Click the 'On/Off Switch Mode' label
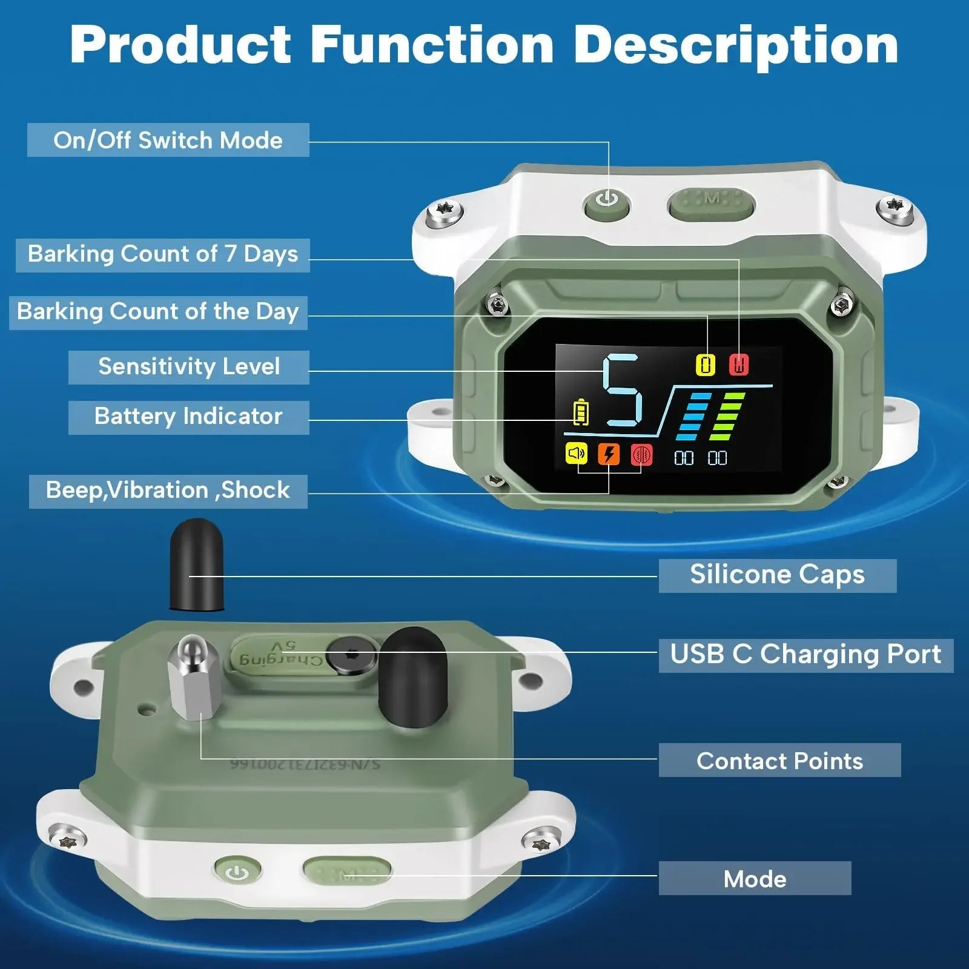[x=168, y=140]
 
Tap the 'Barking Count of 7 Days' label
[x=163, y=254]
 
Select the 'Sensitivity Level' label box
[x=189, y=367]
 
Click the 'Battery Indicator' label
[x=188, y=417]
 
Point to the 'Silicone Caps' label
[x=777, y=575]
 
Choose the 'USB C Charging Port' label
[x=805, y=655]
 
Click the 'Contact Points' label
[x=779, y=761]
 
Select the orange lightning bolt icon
[x=609, y=454]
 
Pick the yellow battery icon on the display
[x=581, y=413]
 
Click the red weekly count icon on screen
[x=738, y=365]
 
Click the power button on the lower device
[x=237, y=873]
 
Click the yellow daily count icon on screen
[x=705, y=365]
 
